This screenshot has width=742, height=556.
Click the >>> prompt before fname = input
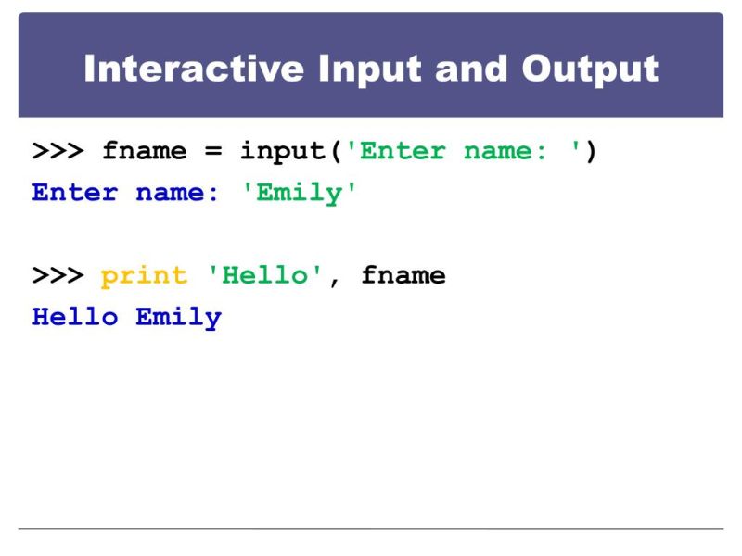[x=58, y=151]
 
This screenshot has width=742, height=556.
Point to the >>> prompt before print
[x=58, y=275]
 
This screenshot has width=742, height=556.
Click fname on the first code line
[x=144, y=151]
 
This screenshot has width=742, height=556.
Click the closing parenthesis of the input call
[x=591, y=151]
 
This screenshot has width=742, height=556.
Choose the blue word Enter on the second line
[x=74, y=193]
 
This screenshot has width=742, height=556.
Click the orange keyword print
[x=144, y=275]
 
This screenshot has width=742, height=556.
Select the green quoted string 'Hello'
[x=265, y=275]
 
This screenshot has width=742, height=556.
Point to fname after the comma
[x=403, y=275]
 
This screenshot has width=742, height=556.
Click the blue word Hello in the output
[x=75, y=317]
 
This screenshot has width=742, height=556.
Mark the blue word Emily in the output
[x=178, y=317]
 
